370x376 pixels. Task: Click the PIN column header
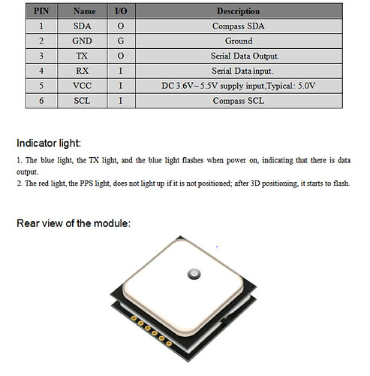click(x=41, y=11)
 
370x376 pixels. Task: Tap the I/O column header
click(x=121, y=11)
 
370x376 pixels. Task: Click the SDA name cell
click(x=83, y=26)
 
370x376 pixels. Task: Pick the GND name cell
click(x=83, y=41)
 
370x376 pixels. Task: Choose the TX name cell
click(x=83, y=56)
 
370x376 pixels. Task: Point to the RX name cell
click(x=83, y=71)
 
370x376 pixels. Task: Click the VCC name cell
click(x=83, y=86)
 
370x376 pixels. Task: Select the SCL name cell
click(x=83, y=101)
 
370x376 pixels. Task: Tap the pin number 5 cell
click(x=41, y=86)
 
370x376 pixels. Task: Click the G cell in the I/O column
click(x=121, y=41)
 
